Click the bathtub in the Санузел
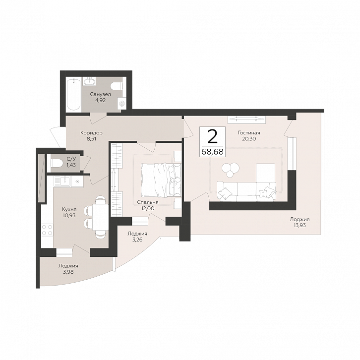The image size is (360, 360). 73,94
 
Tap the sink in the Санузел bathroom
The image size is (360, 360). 89,81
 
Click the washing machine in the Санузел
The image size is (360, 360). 121,103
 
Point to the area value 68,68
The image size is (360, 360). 213,152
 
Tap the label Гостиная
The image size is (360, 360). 249,133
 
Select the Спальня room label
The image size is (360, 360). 148,202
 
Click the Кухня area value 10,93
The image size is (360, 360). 69,215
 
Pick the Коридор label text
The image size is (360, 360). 91,133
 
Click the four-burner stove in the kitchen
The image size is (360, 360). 47,230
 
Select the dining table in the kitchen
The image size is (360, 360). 100,217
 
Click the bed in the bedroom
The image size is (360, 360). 161,180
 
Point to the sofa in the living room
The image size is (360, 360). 246,191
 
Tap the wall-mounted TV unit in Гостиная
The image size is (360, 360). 246,120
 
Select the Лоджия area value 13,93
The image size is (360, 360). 299,225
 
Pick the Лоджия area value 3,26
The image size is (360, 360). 137,240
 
